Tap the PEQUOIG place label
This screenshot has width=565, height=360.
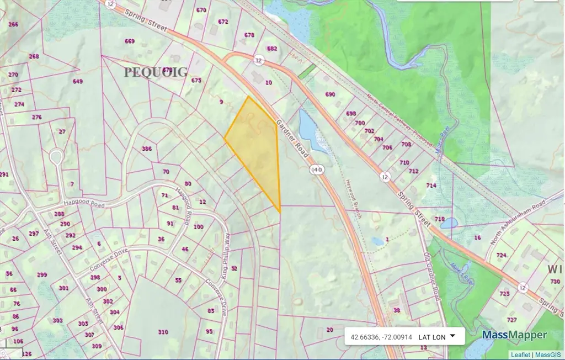pyautogui.click(x=156, y=72)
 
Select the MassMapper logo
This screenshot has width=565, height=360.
pyautogui.click(x=514, y=335)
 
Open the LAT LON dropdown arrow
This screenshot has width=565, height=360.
pyautogui.click(x=452, y=335)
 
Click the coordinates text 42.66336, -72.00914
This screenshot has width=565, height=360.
pyautogui.click(x=381, y=336)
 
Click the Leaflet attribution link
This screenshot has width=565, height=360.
pyautogui.click(x=520, y=354)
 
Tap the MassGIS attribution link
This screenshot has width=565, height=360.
pyautogui.click(x=549, y=354)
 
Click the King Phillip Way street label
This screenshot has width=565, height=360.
pyautogui.click(x=227, y=251)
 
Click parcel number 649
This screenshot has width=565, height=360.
pyautogui.click(x=77, y=81)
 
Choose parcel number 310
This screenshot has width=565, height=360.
pyautogui.click(x=163, y=332)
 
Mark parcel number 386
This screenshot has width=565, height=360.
pyautogui.click(x=146, y=149)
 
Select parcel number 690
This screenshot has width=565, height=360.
pyautogui.click(x=330, y=94)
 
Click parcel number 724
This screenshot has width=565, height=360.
pyautogui.click(x=501, y=255)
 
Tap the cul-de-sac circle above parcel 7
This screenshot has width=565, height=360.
pyautogui.click(x=55, y=157)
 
